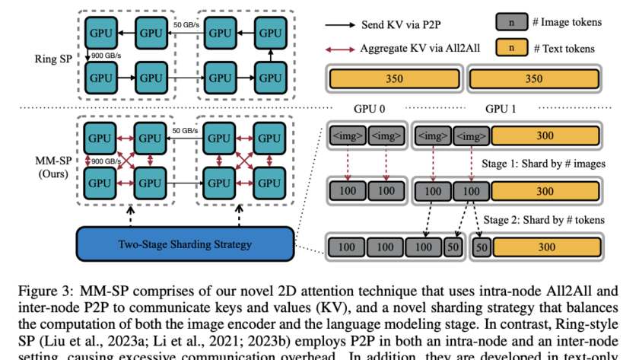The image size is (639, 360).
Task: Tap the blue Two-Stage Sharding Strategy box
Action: coord(185,245)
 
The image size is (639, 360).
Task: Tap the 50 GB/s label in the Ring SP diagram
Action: coord(187,25)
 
